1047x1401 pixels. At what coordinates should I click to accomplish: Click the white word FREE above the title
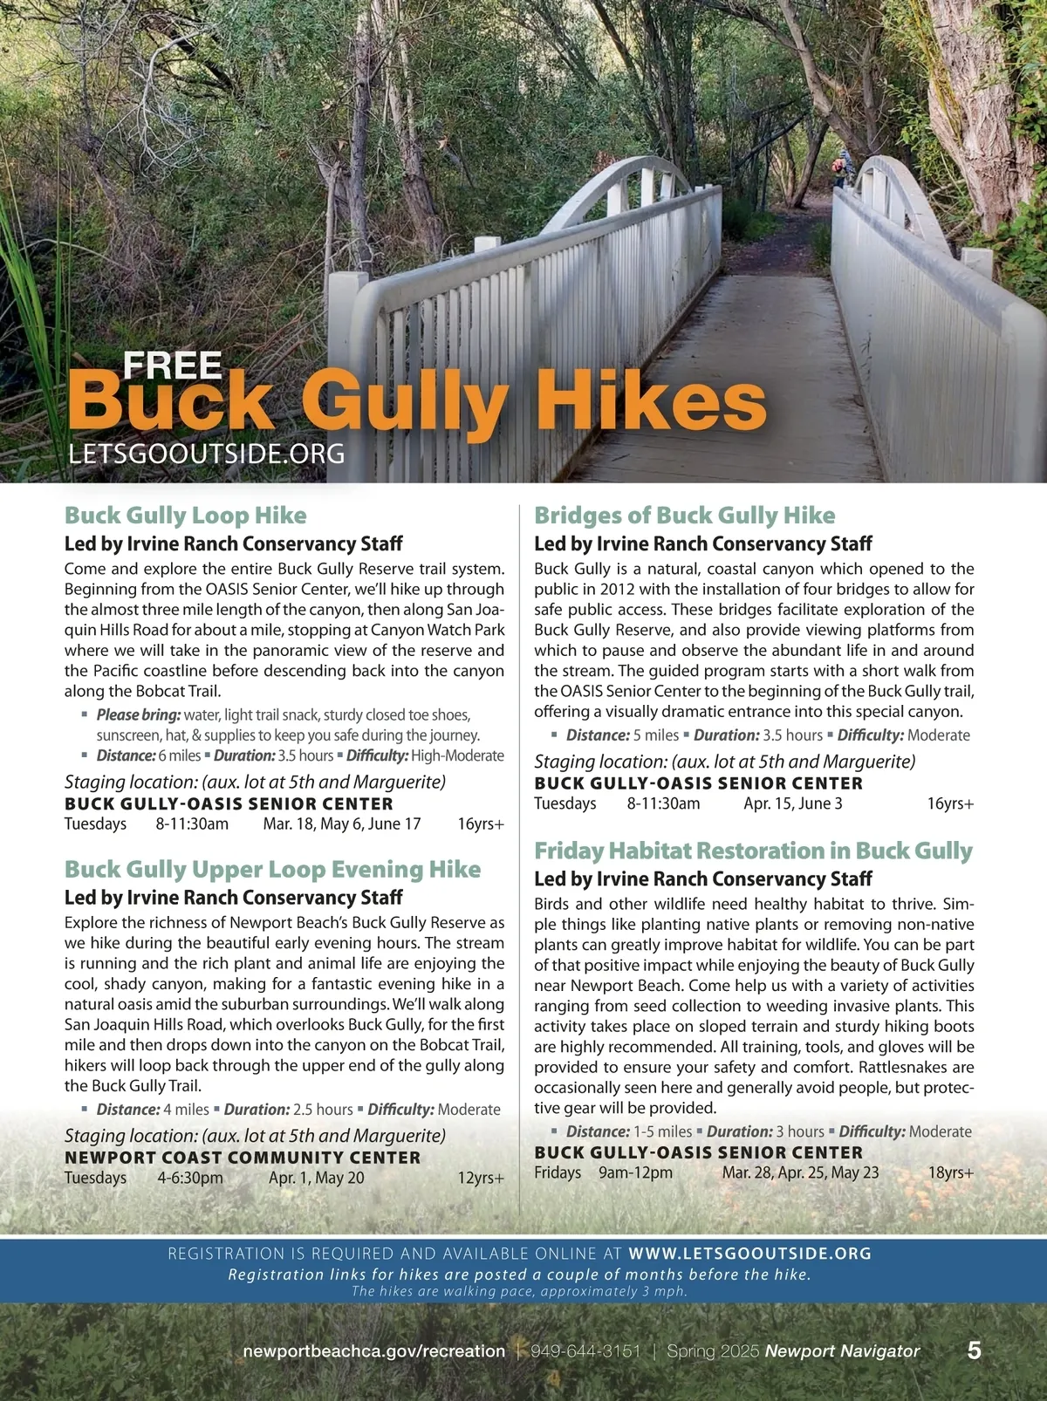point(172,366)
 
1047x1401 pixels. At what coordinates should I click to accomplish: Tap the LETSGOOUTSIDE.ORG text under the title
point(206,454)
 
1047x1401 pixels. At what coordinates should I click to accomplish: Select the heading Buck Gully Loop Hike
point(185,516)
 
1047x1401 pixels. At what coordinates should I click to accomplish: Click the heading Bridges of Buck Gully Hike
point(684,516)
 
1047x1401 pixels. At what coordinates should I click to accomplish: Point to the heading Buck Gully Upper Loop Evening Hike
point(272,869)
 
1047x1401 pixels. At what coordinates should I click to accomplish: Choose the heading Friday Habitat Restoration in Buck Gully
point(753,851)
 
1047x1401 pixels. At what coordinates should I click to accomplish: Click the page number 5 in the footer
point(974,1350)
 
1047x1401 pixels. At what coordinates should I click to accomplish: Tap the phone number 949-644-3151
point(585,1351)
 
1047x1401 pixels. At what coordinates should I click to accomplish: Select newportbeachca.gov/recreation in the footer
point(373,1351)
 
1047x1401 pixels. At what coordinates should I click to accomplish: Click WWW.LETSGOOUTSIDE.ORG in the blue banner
point(749,1254)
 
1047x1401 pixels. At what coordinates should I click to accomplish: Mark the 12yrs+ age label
point(481,1178)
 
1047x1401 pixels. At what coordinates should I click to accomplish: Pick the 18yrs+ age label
point(950,1172)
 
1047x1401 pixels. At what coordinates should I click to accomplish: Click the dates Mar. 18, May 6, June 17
point(342,824)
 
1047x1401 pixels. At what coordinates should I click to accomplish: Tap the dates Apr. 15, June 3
point(792,803)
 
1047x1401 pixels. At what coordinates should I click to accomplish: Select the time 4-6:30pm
point(190,1178)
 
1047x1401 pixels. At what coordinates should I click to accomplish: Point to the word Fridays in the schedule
point(558,1172)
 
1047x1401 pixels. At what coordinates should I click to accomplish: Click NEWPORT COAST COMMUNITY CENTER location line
point(243,1158)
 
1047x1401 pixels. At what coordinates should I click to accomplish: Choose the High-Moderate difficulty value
point(457,755)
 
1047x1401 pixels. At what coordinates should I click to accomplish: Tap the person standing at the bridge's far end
point(842,168)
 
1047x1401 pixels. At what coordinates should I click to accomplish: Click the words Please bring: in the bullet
point(139,715)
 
